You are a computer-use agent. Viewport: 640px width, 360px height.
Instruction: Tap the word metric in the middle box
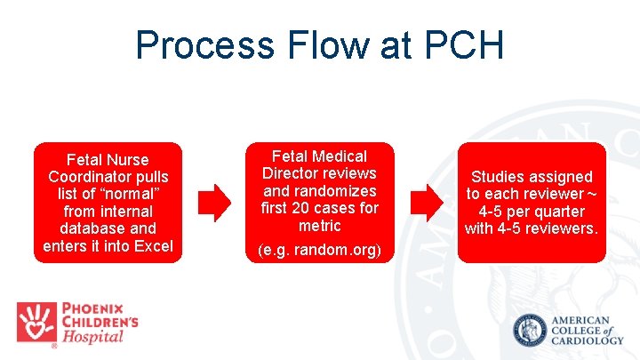319,225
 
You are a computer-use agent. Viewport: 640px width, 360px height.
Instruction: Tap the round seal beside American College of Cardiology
531,331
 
